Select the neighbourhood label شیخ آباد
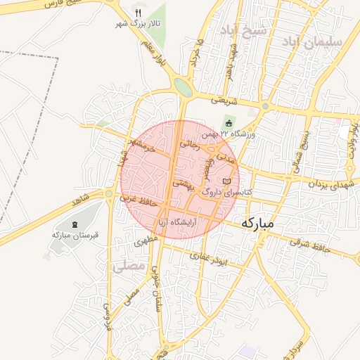point(243,31)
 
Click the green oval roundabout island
point(183,87)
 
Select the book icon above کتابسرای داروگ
point(226,181)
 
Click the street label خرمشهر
point(141,146)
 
